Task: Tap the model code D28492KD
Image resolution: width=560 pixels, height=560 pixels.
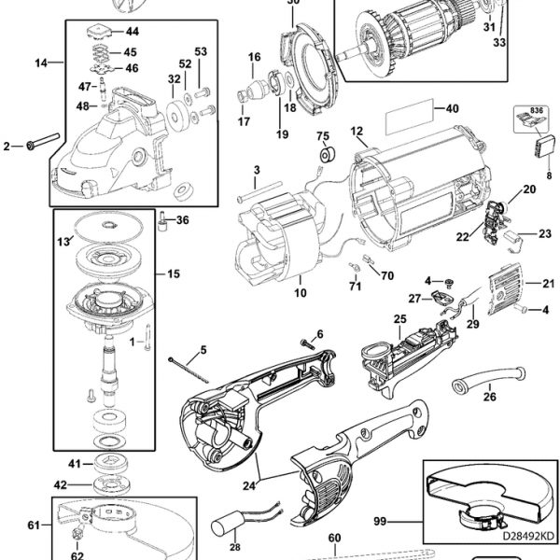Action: [x=513, y=538]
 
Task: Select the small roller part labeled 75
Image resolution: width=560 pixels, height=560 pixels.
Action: [x=325, y=154]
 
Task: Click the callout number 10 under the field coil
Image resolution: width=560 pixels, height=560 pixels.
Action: [x=300, y=293]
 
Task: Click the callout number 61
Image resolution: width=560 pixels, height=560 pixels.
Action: [x=33, y=526]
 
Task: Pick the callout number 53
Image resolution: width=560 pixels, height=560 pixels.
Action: [x=201, y=50]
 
